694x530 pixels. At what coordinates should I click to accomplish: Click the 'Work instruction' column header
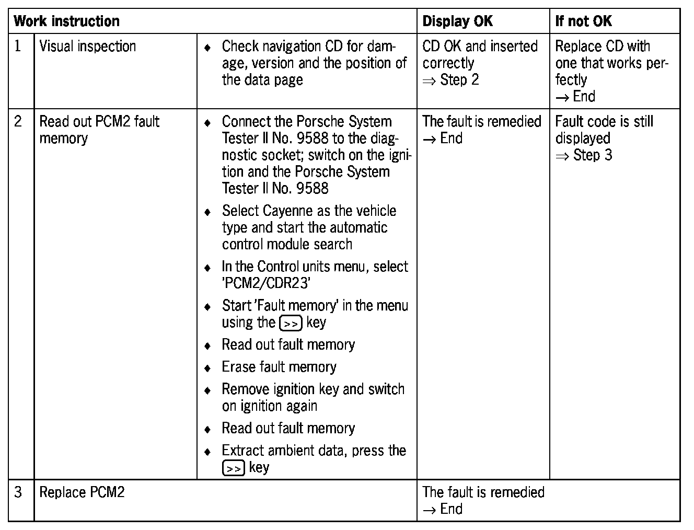[x=66, y=21]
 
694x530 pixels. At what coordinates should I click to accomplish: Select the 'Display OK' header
[x=457, y=21]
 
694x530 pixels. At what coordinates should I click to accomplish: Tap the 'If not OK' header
[x=583, y=21]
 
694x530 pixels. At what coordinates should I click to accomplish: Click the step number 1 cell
[x=18, y=47]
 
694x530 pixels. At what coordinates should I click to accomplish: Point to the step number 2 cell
[x=18, y=122]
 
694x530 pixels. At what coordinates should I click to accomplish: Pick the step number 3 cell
[x=18, y=492]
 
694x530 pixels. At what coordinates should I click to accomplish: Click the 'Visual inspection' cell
[x=87, y=47]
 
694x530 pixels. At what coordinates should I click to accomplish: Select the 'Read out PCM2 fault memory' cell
[x=99, y=130]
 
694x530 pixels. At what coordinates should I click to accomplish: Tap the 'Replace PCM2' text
[x=82, y=492]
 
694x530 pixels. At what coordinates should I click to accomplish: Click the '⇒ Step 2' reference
[x=450, y=80]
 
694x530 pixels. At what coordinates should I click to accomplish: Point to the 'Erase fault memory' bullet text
[x=279, y=367]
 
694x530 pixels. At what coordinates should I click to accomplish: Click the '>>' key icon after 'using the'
[x=291, y=324]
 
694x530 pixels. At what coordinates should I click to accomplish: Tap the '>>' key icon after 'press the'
[x=233, y=468]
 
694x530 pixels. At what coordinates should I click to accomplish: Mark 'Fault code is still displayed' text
[x=604, y=130]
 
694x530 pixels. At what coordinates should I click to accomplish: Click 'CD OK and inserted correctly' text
[x=480, y=54]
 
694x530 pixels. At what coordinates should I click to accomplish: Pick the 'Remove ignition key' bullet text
[x=313, y=389]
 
